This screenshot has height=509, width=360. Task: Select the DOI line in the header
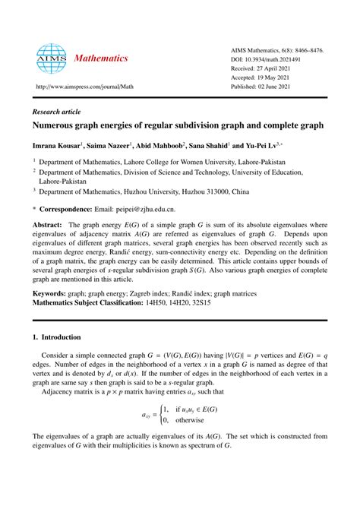[x=272, y=58]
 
